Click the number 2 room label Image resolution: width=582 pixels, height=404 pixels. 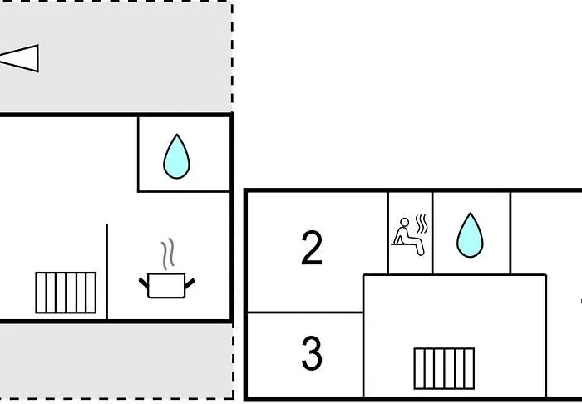click(312, 248)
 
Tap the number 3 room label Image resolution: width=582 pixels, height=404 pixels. click(312, 353)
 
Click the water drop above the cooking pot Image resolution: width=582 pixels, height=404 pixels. click(176, 156)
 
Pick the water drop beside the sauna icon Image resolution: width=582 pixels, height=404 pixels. click(470, 235)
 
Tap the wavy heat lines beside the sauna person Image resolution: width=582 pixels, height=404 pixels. click(422, 224)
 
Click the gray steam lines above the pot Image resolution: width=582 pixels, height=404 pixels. click(168, 254)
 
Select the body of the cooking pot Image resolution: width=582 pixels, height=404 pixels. click(166, 285)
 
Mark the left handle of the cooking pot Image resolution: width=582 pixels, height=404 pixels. click(143, 283)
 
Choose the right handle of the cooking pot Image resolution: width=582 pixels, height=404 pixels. click(190, 283)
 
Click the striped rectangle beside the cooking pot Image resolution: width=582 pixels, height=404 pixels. click(66, 293)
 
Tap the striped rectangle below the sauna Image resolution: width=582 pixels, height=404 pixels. click(444, 368)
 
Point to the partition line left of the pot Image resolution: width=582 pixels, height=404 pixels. click(107, 272)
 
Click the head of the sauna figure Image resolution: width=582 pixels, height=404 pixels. click(405, 222)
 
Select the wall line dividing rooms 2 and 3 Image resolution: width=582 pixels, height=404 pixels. click(305, 313)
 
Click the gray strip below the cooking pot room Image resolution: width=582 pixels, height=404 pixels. click(116, 361)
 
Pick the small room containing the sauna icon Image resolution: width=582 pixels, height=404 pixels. click(410, 233)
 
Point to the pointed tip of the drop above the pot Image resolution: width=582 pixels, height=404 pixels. click(176, 134)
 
